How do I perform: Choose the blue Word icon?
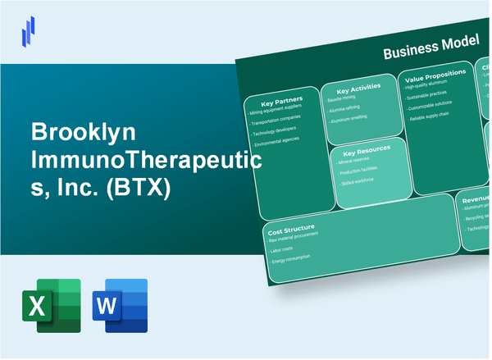121,306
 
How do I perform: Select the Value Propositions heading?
435,74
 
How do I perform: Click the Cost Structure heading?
291,227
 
